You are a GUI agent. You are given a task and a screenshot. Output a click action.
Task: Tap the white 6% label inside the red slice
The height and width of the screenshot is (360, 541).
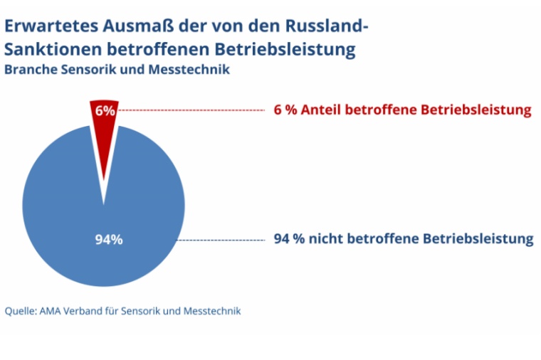point(105,110)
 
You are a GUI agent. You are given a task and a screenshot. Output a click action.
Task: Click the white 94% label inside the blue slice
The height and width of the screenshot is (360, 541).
point(109,239)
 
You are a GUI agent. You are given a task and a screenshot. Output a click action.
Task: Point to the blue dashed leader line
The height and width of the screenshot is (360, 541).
point(221,240)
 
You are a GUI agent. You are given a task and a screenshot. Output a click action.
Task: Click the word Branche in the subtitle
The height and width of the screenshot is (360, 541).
point(28,70)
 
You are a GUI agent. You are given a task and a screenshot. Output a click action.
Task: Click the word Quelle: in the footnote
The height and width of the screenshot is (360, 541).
point(20,311)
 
